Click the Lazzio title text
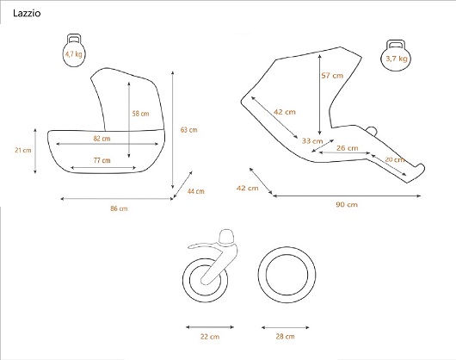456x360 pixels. click(27, 13)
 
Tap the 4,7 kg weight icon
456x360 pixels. click(74, 50)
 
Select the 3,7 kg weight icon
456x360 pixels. click(396, 55)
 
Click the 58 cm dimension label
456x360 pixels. click(140, 114)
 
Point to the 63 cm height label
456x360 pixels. click(188, 130)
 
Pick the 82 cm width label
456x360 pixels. click(102, 139)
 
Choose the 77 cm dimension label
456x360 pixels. click(102, 160)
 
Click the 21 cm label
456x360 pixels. click(23, 150)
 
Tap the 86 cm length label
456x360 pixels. click(119, 208)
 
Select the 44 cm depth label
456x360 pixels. click(195, 191)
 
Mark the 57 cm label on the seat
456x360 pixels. click(332, 76)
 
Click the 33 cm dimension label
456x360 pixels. click(312, 141)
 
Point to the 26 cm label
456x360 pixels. click(348, 148)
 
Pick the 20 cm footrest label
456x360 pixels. click(395, 159)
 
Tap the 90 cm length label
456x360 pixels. click(347, 204)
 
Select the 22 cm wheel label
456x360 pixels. click(210, 337)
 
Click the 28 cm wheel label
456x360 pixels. click(285, 337)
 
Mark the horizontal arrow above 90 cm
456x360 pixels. click(347, 196)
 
